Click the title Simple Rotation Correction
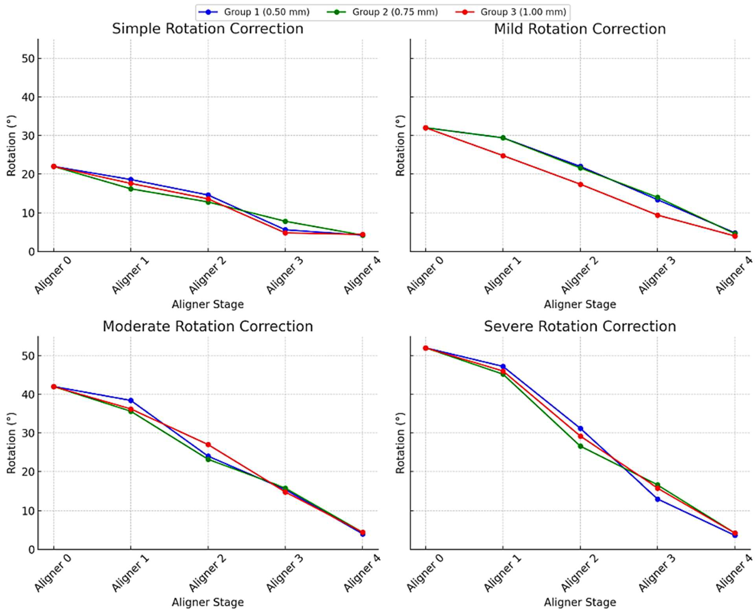207,29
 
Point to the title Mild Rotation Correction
580,29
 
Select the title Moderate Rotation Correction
207,326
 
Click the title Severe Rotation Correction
580,326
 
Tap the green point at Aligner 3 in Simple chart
285,221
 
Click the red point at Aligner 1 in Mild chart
503,156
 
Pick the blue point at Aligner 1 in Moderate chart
131,400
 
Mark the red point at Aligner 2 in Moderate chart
208,445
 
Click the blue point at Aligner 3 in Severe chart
657,499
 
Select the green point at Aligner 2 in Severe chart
580,446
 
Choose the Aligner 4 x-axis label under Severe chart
734,573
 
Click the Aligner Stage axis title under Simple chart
207,304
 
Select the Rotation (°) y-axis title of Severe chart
400,443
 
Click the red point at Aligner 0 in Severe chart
426,348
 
